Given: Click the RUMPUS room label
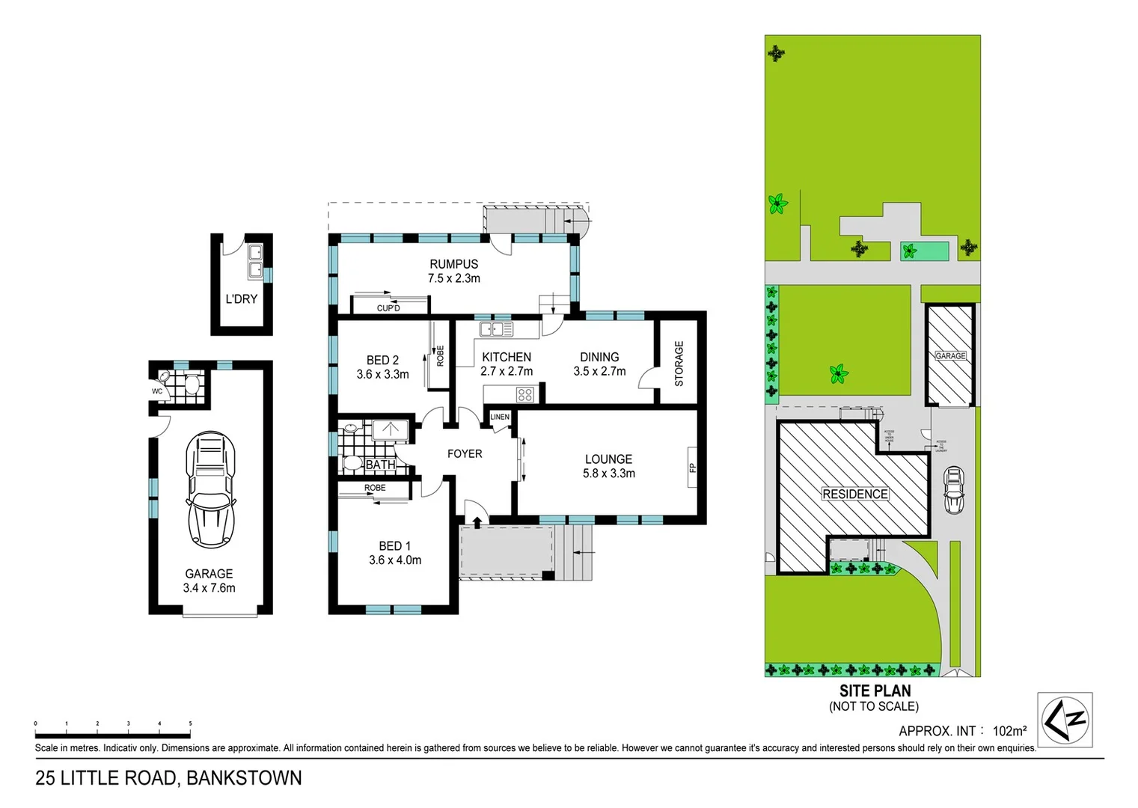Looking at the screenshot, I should coord(453,264).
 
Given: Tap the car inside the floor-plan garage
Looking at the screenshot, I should coord(210,489).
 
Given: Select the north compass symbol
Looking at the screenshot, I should coord(1065,720).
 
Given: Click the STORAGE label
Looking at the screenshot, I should coord(679,364).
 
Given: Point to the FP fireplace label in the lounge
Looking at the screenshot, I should coord(692,468).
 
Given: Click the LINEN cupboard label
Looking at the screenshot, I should coord(500,417).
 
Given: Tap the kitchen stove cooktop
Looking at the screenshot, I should coord(524,394).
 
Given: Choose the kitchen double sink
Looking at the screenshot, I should coord(496,329).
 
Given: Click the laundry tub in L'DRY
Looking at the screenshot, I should coord(255,260).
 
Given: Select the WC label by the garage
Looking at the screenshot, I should coord(157,391).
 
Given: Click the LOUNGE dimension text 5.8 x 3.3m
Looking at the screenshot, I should coord(609,474).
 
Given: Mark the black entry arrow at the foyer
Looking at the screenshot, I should coord(477,521).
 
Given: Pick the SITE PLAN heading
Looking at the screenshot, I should coord(875,691).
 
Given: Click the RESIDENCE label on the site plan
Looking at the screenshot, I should coord(855,495).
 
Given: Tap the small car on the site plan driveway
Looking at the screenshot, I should coord(954,491).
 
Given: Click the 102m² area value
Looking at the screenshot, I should coord(1009,731).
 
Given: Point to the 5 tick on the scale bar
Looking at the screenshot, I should coord(190,724).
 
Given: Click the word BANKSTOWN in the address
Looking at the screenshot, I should coord(244,779).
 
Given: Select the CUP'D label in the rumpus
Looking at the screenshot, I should coord(388,308).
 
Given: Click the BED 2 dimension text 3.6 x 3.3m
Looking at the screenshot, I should coord(382,374).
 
